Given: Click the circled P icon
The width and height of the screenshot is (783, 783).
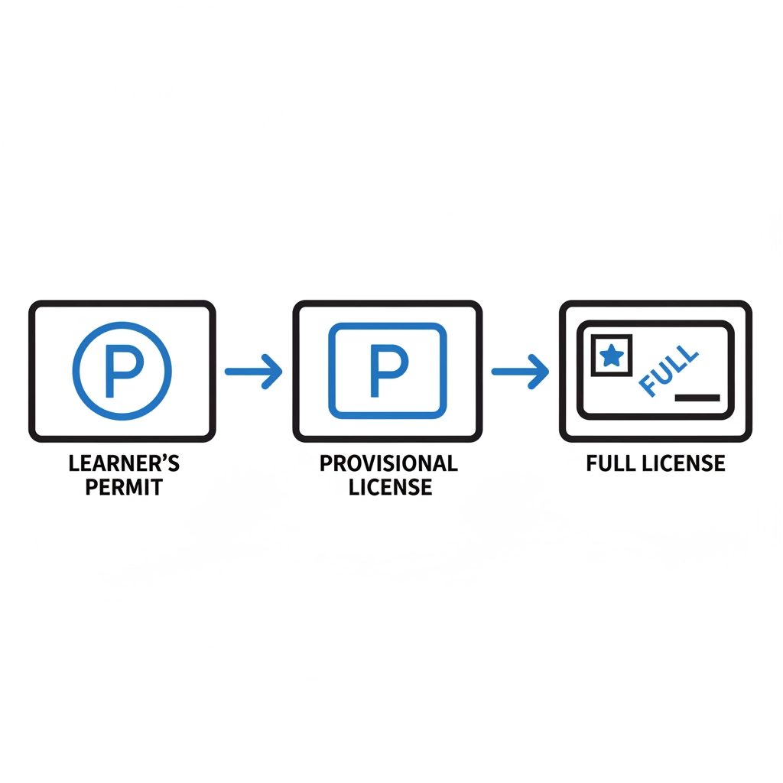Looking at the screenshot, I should [x=122, y=371].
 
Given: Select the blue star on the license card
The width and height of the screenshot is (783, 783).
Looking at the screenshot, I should [x=611, y=356].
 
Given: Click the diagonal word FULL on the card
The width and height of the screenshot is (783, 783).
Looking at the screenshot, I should [x=668, y=370].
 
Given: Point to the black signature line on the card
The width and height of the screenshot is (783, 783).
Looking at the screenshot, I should [x=697, y=398].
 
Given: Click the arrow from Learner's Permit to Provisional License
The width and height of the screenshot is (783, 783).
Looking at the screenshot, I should [x=253, y=371].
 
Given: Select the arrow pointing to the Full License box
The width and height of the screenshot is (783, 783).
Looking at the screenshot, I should [x=519, y=371].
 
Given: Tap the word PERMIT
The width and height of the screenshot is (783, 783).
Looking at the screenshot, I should [x=124, y=487].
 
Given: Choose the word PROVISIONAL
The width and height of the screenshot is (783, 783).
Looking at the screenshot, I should [x=388, y=463].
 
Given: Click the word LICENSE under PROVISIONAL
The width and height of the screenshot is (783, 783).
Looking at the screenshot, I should [x=391, y=487].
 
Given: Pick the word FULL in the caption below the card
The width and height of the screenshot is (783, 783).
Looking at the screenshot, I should [x=612, y=463].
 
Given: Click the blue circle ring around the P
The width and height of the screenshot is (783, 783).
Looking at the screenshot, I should [x=75, y=371].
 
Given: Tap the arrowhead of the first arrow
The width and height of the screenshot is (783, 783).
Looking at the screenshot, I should [x=273, y=371].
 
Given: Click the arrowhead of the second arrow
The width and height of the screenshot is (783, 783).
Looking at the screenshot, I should [x=540, y=371].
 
